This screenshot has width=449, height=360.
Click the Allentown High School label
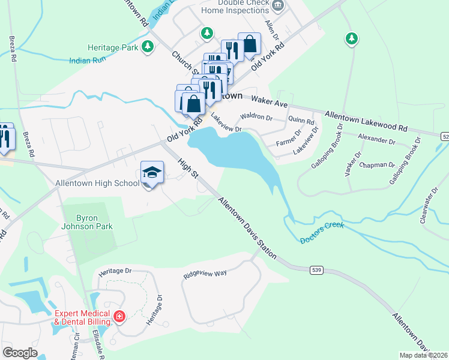[97, 183]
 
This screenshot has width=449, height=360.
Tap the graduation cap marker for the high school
[152, 172]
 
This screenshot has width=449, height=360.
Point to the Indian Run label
[88, 60]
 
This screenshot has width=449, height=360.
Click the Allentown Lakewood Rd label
[366, 121]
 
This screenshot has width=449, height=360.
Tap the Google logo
[20, 353]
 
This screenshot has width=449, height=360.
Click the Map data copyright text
[423, 355]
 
